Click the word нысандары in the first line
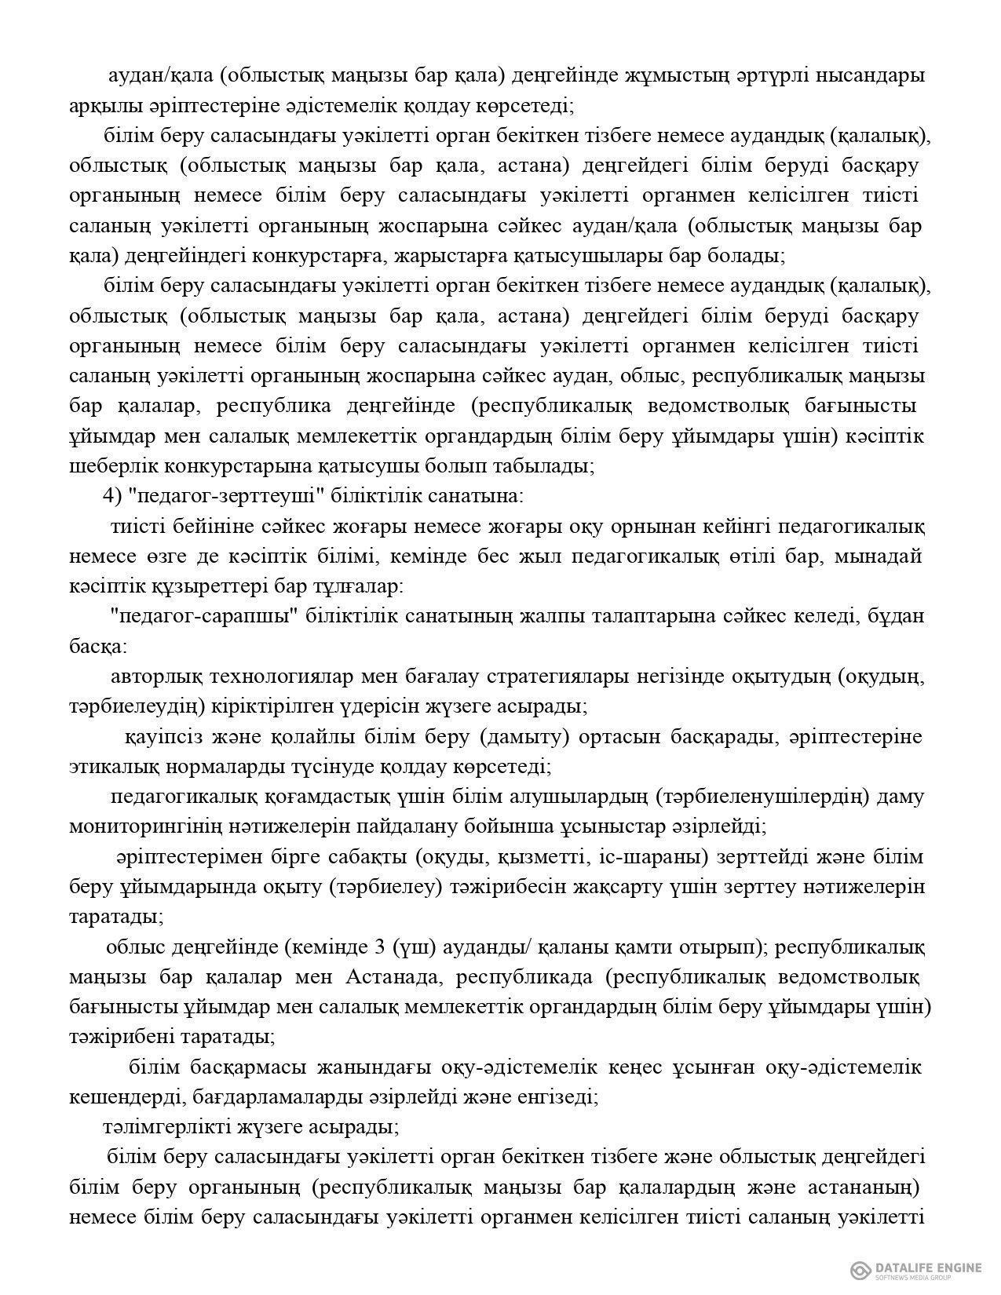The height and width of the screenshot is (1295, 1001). pyautogui.click(x=870, y=76)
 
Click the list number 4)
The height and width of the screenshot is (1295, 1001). pyautogui.click(x=114, y=496)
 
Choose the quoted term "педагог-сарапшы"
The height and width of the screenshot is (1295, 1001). pyautogui.click(x=208, y=616)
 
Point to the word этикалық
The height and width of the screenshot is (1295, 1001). pyautogui.click(x=107, y=766)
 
